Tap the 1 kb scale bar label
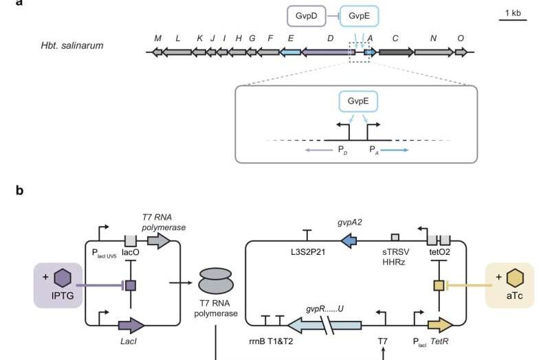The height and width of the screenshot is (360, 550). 512,13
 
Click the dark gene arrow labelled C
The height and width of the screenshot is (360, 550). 395,52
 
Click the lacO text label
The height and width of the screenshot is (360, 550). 131,253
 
